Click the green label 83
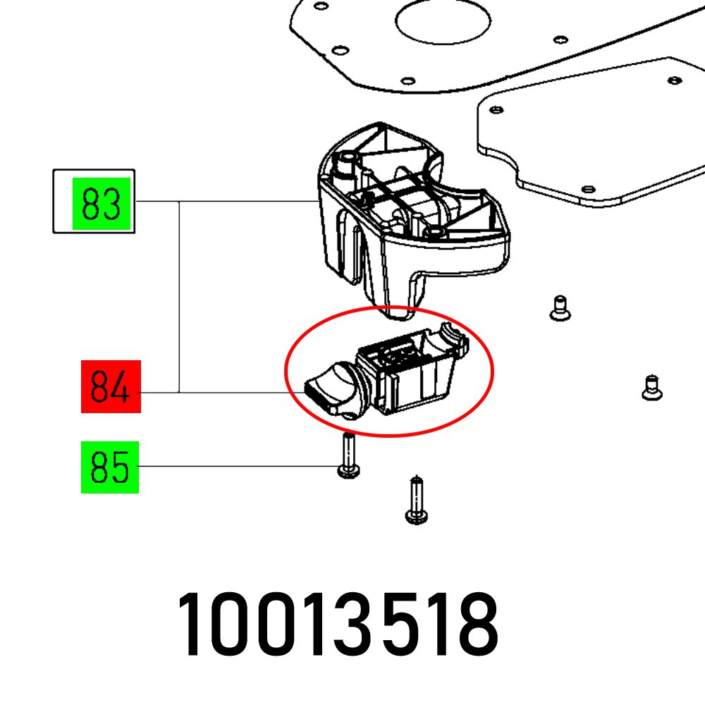coord(103,204)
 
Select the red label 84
coord(111,386)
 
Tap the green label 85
coord(109,467)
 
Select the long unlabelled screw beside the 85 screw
coord(415,500)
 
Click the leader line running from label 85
coord(240,467)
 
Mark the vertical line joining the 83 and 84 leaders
coord(179,296)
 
